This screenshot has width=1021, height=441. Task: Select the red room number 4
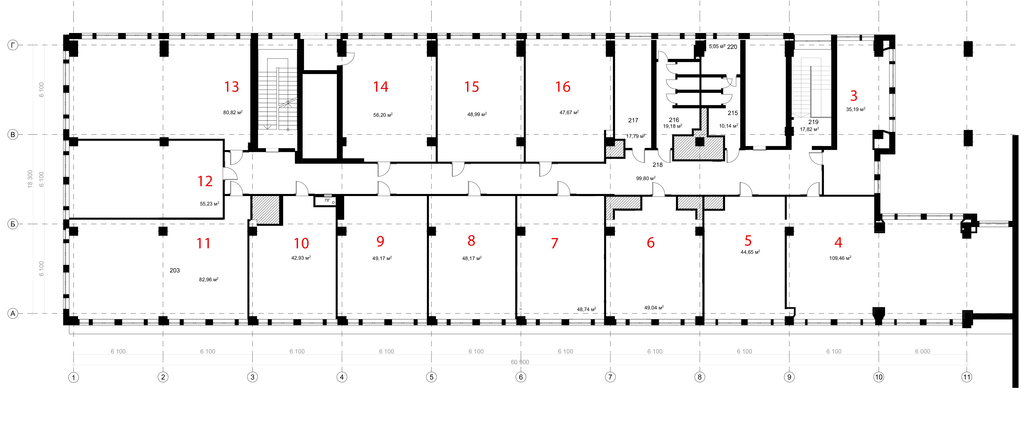point(838,242)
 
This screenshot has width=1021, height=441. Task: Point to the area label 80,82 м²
point(233,113)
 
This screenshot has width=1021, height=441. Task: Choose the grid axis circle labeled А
point(13,314)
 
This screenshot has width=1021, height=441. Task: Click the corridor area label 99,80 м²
point(646,178)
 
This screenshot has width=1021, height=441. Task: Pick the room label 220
point(732,47)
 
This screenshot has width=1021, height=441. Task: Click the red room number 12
point(205,181)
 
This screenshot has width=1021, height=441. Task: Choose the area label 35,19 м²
point(855,109)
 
